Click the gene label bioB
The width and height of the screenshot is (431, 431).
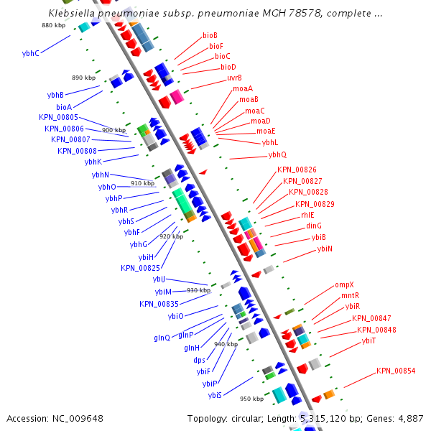pos(210,35)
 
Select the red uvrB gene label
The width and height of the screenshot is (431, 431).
pos(234,78)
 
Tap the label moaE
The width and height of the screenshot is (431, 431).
pos(266,131)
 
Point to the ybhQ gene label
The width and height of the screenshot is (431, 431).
pos(277,155)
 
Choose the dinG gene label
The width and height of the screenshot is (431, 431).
pos(313,226)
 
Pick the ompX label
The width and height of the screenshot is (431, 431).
pos(344,285)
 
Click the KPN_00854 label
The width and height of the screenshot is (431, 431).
pos(396,371)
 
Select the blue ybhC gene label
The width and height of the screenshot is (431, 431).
pos(31,53)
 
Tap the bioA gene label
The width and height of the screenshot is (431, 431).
pos(64,107)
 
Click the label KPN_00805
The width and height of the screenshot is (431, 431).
pos(58,118)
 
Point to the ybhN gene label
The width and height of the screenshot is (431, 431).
pos(101,175)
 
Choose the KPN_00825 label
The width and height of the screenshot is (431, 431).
pos(140,268)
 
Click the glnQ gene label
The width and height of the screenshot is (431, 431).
pos(162,338)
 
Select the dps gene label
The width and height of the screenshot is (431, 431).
pos(199,360)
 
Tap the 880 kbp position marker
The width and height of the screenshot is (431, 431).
pos(53,25)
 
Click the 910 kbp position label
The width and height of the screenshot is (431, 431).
pos(142,183)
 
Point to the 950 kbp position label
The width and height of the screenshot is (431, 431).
pos(251,399)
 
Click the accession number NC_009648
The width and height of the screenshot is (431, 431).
pos(78,418)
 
